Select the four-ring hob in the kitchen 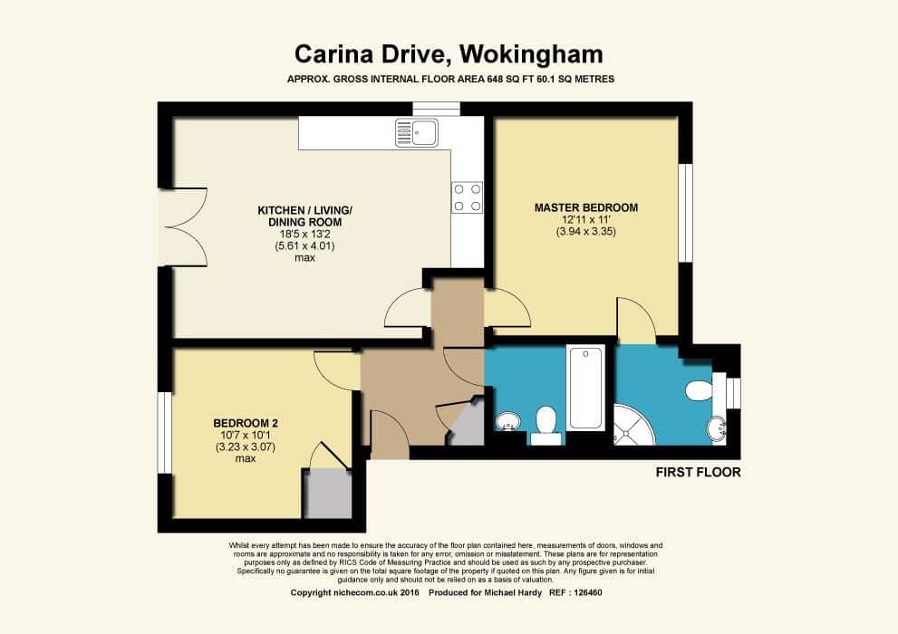(x=468, y=197)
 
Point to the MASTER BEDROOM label (x=585, y=207)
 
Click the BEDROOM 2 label (x=245, y=423)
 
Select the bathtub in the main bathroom (x=585, y=388)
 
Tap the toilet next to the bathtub (x=546, y=423)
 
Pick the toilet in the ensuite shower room (x=700, y=389)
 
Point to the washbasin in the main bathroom (x=507, y=421)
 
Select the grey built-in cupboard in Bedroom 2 (x=327, y=494)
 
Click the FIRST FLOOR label (x=698, y=472)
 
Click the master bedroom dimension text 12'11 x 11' (x=585, y=219)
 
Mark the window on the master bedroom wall (x=686, y=213)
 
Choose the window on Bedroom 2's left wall (x=165, y=432)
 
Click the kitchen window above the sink (x=436, y=110)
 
